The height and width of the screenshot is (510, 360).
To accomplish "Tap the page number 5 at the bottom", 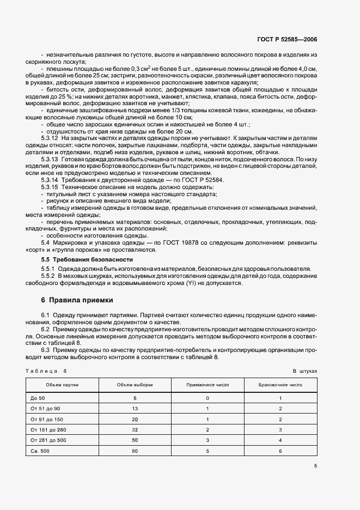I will (x=315, y=465).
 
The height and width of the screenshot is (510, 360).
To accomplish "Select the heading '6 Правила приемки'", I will (x=78, y=300).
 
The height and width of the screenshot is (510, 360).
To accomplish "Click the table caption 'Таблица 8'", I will (x=45, y=371).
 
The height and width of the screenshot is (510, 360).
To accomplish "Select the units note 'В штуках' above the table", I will (x=304, y=371).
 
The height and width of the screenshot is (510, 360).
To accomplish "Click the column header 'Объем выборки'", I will (x=135, y=385).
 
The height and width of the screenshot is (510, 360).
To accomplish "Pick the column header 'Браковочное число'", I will (x=280, y=385).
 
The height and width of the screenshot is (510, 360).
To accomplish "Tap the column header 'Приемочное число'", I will (x=208, y=385).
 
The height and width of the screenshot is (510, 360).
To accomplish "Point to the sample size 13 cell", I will (x=135, y=409).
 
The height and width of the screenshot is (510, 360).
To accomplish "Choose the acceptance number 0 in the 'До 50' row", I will (x=208, y=398).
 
